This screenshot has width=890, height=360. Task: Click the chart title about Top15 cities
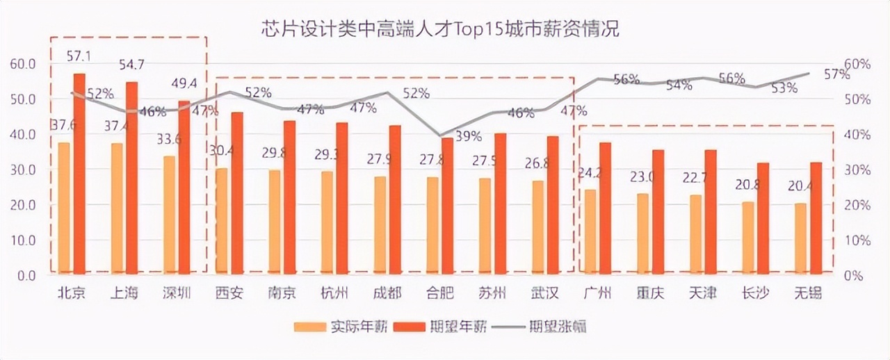click(x=439, y=30)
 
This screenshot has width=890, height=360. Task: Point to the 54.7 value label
click(x=132, y=65)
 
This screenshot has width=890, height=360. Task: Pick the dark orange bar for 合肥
click(x=448, y=204)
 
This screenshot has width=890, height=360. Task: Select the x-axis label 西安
click(x=229, y=293)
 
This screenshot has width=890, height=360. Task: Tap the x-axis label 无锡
click(x=807, y=293)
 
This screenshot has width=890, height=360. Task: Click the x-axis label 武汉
click(x=544, y=293)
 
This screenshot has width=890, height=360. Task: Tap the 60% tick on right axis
click(x=856, y=64)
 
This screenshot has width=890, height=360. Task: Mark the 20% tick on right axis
click(x=856, y=205)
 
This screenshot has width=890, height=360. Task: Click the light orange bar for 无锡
click(x=800, y=237)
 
